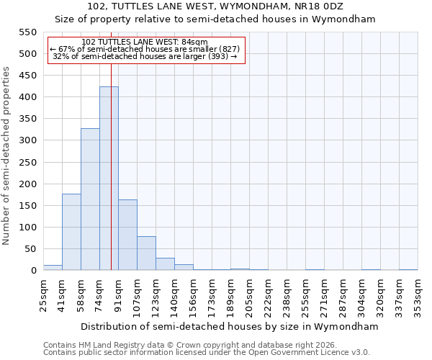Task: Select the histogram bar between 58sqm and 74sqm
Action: [90, 199]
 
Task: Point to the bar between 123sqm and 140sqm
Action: [165, 264]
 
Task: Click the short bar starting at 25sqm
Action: [53, 268]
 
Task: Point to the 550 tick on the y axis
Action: [27, 32]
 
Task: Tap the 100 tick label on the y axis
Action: [27, 228]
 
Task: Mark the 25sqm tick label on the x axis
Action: [43, 294]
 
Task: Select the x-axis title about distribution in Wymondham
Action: [230, 327]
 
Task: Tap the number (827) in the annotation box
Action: [230, 49]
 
